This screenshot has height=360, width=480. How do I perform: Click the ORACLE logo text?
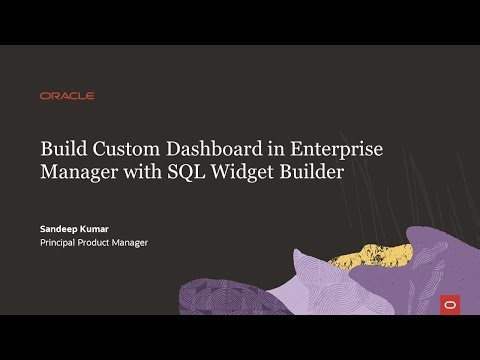tap(67, 96)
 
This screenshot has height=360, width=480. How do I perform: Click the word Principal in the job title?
tap(62, 242)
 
